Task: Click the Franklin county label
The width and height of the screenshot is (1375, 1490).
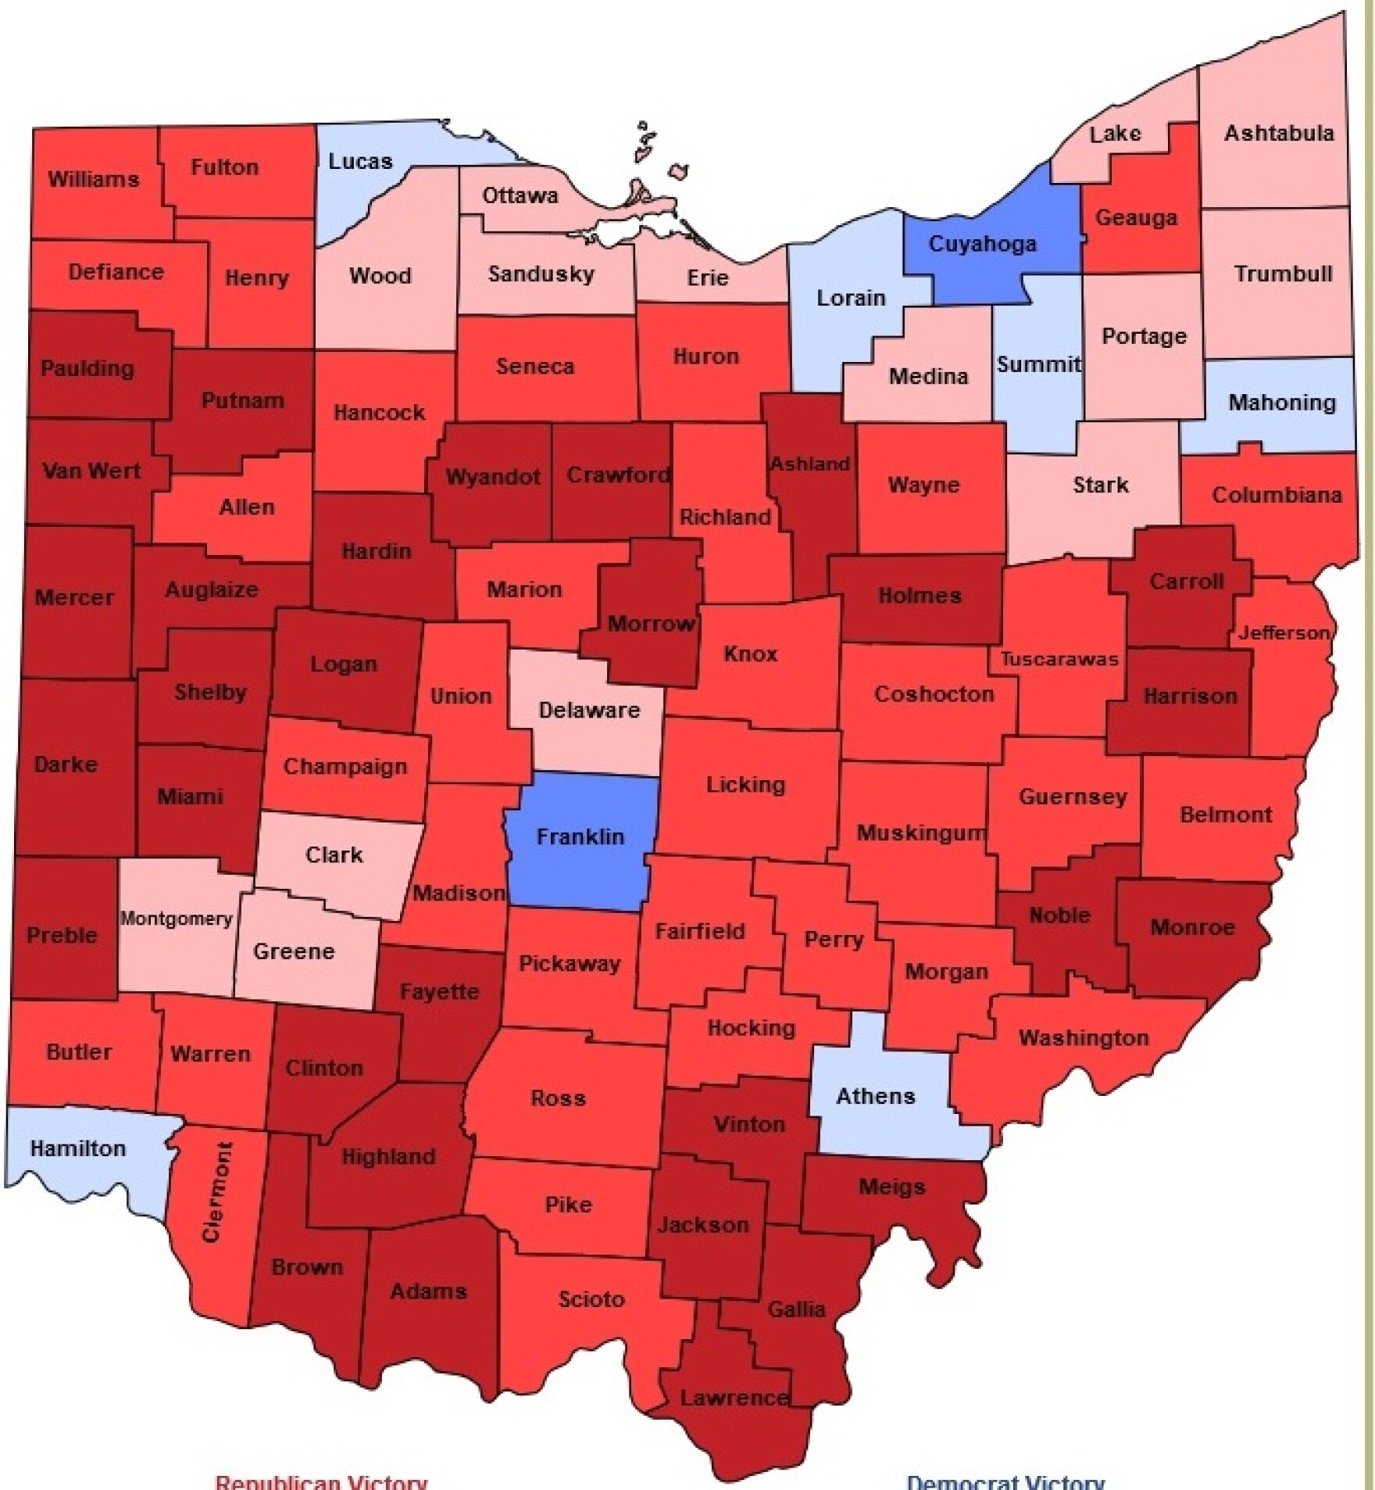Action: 580,836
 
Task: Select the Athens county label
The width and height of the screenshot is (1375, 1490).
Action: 875,1096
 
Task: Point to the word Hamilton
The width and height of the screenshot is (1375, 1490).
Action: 77,1148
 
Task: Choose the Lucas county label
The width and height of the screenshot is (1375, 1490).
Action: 359,162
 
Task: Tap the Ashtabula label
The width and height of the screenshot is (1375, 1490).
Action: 1278,133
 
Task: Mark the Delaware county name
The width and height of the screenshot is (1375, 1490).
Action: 589,710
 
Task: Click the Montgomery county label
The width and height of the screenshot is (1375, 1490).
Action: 176,919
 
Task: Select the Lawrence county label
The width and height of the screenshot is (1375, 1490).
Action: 733,1398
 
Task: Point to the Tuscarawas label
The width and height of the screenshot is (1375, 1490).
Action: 1059,659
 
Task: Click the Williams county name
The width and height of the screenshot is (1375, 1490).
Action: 94,179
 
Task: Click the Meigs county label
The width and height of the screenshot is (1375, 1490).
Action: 891,1187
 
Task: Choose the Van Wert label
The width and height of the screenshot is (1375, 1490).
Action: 91,471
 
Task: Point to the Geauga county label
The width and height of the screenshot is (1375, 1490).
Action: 1135,217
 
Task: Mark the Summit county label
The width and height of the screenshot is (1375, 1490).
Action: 1038,364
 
